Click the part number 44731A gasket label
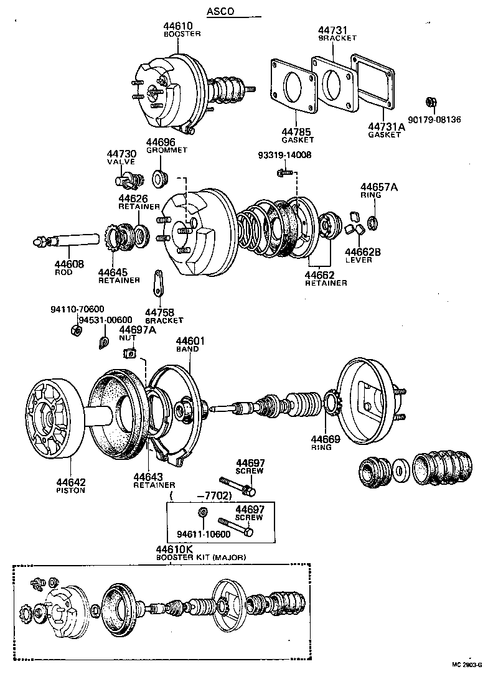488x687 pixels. click(x=387, y=126)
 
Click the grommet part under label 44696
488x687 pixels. click(x=159, y=179)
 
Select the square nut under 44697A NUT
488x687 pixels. click(x=130, y=353)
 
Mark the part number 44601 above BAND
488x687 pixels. click(x=190, y=341)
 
